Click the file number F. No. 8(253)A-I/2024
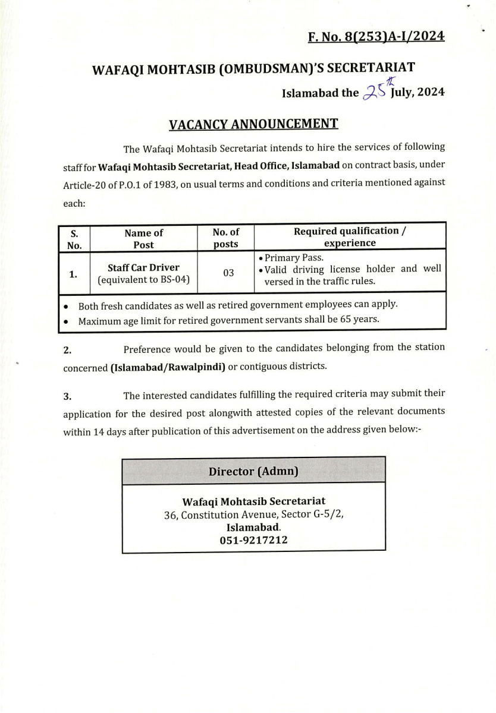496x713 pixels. (376, 37)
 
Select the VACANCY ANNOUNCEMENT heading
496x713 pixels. (253, 124)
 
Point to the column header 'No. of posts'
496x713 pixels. (225, 238)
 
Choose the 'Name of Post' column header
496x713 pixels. (143, 238)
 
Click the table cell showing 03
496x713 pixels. (228, 273)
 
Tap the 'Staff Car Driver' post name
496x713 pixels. (143, 267)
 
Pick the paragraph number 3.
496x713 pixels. (67, 396)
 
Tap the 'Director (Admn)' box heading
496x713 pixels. (253, 472)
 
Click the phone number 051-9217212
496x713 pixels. (253, 540)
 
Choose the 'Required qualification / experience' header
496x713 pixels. (350, 237)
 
